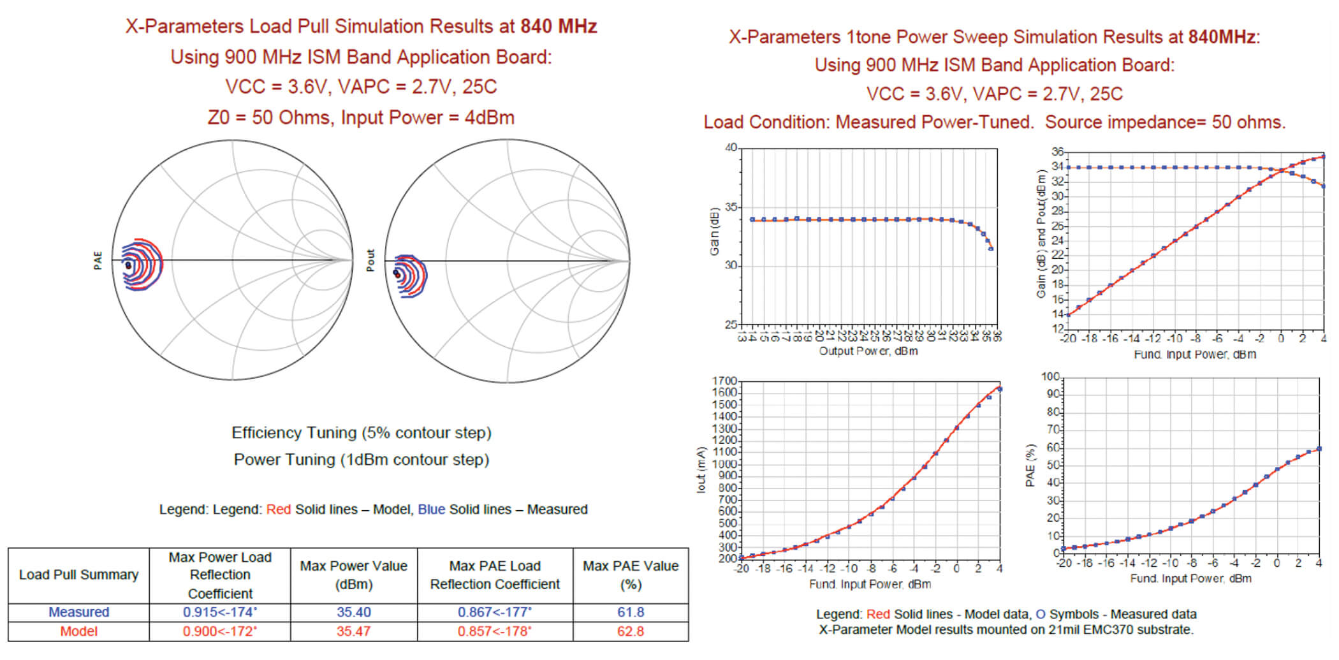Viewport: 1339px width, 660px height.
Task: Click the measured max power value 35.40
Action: [x=353, y=612]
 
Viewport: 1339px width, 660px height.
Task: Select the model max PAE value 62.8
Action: [x=630, y=631]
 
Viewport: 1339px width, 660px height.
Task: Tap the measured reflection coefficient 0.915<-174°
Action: [x=219, y=612]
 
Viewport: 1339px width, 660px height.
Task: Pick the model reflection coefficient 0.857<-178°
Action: [x=494, y=631]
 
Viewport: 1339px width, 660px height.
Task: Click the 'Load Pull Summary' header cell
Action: [x=78, y=575]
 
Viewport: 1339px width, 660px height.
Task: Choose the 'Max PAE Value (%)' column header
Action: [x=630, y=575]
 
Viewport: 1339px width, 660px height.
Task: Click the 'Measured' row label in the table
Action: [x=78, y=612]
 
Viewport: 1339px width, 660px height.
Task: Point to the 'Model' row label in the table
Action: [x=78, y=631]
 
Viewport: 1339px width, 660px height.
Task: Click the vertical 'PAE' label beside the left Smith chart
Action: [x=98, y=260]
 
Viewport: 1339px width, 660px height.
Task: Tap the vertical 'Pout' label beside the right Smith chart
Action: [x=370, y=260]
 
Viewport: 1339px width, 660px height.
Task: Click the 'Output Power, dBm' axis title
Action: [x=868, y=351]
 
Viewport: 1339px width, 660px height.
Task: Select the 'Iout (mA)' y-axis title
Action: [x=702, y=470]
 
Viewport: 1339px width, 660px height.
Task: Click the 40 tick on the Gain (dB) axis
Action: [x=731, y=148]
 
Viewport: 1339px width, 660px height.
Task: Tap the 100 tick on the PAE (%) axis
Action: [x=1050, y=377]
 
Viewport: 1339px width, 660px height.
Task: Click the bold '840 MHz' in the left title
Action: [x=558, y=26]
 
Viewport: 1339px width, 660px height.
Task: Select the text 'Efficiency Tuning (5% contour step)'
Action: [x=361, y=433]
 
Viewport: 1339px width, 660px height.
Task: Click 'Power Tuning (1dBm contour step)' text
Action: [x=361, y=460]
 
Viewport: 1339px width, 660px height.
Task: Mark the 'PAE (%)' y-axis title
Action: [x=1030, y=466]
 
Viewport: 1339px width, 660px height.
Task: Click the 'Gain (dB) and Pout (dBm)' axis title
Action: [x=1041, y=234]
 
